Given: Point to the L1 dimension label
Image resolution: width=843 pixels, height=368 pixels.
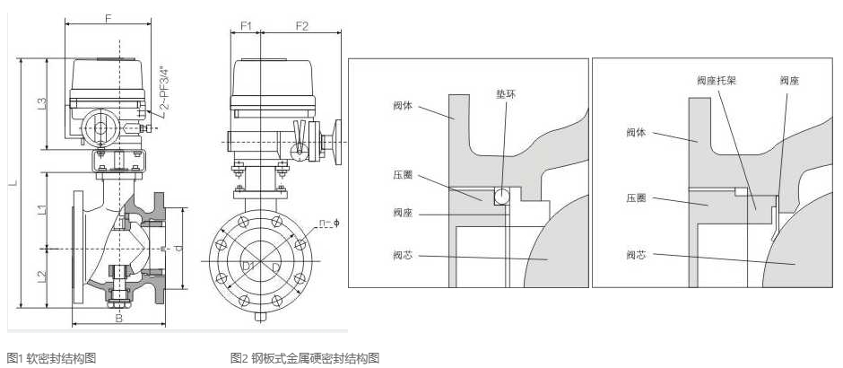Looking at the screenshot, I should click(x=42, y=210).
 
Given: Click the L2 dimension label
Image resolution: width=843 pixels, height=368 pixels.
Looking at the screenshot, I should click(x=42, y=276).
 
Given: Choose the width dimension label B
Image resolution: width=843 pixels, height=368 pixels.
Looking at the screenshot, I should click(x=118, y=317).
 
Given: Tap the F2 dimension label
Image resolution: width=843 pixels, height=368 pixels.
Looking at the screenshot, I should click(x=300, y=26).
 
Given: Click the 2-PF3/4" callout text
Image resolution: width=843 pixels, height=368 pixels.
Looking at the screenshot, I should click(x=164, y=89).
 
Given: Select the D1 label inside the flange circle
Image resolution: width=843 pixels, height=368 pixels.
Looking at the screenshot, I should click(x=249, y=266).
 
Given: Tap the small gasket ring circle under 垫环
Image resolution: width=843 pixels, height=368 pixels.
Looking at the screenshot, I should click(x=503, y=195).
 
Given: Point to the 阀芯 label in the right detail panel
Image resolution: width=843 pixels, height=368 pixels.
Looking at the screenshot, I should click(x=637, y=256).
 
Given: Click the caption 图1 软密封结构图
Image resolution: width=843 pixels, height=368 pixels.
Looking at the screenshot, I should click(x=51, y=358).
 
